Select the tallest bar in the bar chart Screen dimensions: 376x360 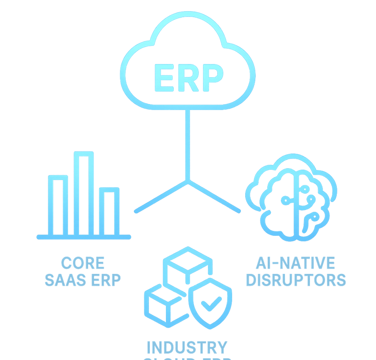click(84, 193)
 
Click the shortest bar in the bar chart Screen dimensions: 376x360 click(109, 212)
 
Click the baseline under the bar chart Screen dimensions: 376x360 click(84, 237)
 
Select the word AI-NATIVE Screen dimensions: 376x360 click(295, 263)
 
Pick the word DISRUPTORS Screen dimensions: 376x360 click(295, 280)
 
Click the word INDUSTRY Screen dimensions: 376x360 click(187, 347)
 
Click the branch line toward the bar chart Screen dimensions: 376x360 click(161, 197)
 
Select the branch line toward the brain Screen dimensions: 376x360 click(213, 197)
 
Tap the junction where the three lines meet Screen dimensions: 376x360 click(187, 181)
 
